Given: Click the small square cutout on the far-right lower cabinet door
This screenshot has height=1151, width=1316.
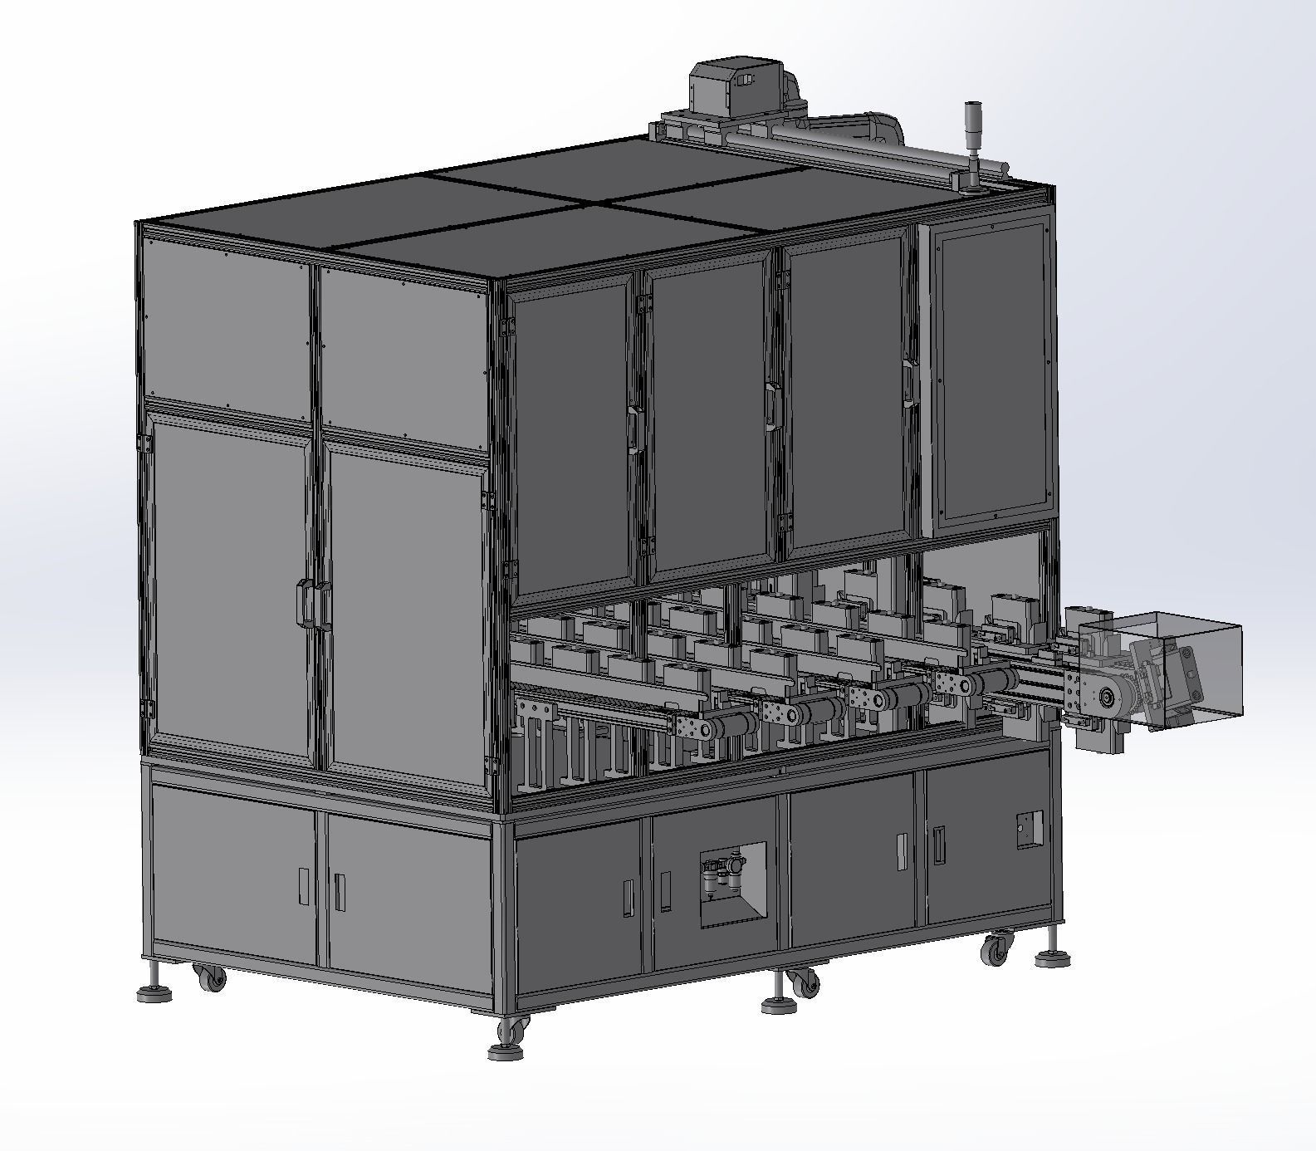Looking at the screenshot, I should (x=1029, y=829).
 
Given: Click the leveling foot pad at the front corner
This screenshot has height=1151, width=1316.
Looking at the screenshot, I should (x=505, y=1052).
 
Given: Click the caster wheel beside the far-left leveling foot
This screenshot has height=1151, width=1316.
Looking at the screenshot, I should (x=211, y=977).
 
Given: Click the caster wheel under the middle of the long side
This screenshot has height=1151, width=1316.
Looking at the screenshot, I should (x=804, y=985).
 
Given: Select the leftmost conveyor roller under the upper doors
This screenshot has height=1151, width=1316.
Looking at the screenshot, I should (x=731, y=726).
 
